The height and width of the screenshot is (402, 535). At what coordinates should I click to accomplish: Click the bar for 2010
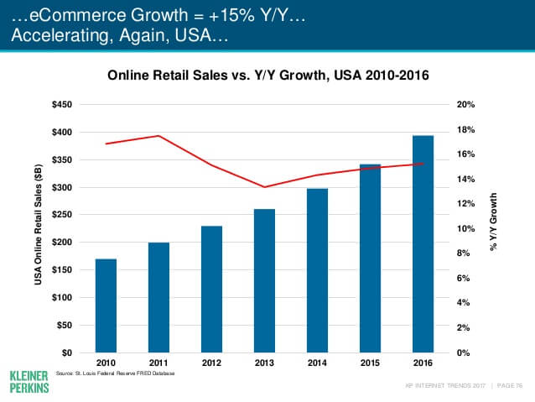[106, 305]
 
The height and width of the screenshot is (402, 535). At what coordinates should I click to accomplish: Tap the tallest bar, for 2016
[423, 243]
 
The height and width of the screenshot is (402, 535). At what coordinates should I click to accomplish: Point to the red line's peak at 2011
[158, 136]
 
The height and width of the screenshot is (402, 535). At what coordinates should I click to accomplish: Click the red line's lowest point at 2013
[264, 187]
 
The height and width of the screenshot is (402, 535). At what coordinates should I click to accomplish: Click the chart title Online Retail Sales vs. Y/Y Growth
[268, 76]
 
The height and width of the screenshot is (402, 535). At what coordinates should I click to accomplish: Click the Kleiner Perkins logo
[29, 380]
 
